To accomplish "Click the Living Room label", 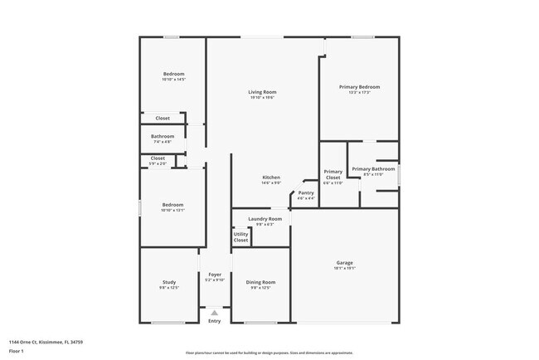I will [x=263, y=92].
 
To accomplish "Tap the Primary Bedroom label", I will [x=359, y=87].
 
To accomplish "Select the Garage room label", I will [x=344, y=263].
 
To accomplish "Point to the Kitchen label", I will [x=271, y=178].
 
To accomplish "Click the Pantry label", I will [x=306, y=193].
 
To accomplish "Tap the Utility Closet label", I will [x=240, y=237].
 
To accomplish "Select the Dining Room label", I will [x=260, y=282].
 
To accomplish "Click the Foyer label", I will [x=215, y=275].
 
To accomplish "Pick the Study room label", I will [x=168, y=282].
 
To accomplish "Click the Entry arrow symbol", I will [x=214, y=313].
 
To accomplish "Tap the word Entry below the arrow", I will [x=214, y=321].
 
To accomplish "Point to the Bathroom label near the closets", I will [x=163, y=136].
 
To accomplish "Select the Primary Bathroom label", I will [x=372, y=169].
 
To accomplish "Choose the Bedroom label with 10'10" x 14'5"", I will [x=173, y=74].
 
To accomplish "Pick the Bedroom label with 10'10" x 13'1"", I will [x=172, y=204].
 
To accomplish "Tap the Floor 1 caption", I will [x=17, y=352].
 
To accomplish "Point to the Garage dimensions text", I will [x=344, y=269].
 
